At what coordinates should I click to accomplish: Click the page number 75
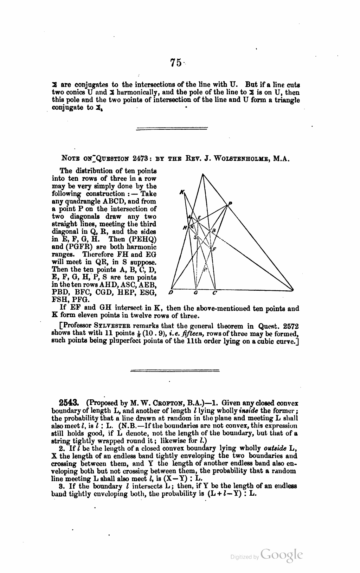(176, 63)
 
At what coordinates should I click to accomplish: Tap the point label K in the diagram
(181, 192)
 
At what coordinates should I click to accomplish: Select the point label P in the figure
(231, 203)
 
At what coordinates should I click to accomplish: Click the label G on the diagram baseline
(195, 292)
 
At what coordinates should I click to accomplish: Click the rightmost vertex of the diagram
(294, 290)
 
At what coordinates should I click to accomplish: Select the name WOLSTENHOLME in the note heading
(244, 159)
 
